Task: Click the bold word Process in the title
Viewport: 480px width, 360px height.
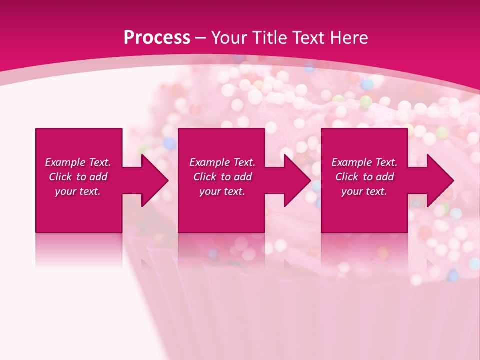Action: [157, 38]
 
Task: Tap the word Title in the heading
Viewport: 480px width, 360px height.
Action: [271, 38]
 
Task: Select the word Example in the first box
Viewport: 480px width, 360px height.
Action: [65, 162]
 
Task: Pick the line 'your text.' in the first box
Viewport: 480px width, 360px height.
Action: [78, 191]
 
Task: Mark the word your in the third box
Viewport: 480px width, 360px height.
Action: [352, 191]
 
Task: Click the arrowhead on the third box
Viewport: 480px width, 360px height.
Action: [439, 180]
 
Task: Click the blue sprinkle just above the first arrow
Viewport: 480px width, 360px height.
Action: [170, 144]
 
